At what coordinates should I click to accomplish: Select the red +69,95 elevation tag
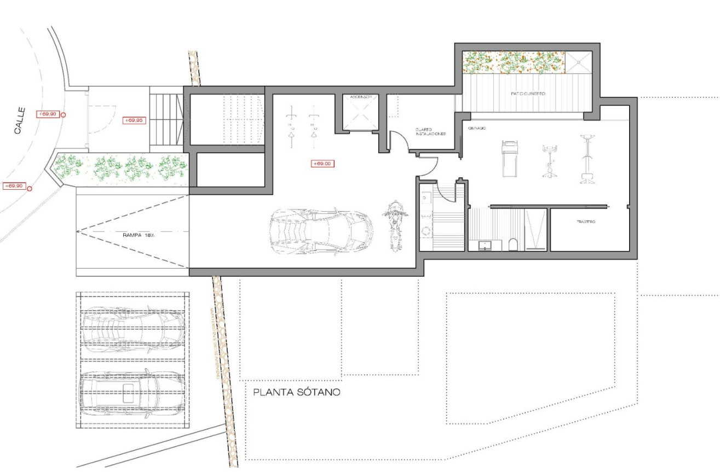pos(134,120)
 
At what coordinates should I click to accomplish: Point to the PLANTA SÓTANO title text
pos(297,392)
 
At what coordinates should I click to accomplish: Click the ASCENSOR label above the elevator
pos(359,97)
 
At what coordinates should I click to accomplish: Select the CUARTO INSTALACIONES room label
pos(429,131)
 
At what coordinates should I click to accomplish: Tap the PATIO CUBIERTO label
pos(528,94)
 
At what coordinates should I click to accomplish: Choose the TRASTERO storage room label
pos(585,222)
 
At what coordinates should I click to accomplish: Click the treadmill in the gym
pos(509,159)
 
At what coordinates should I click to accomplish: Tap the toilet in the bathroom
pos(512,244)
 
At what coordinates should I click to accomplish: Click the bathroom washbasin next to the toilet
pos(485,246)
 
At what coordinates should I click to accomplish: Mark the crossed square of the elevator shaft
pos(359,115)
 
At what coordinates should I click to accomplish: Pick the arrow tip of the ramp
pos(78,231)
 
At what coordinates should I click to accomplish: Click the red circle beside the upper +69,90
pos(64,115)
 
